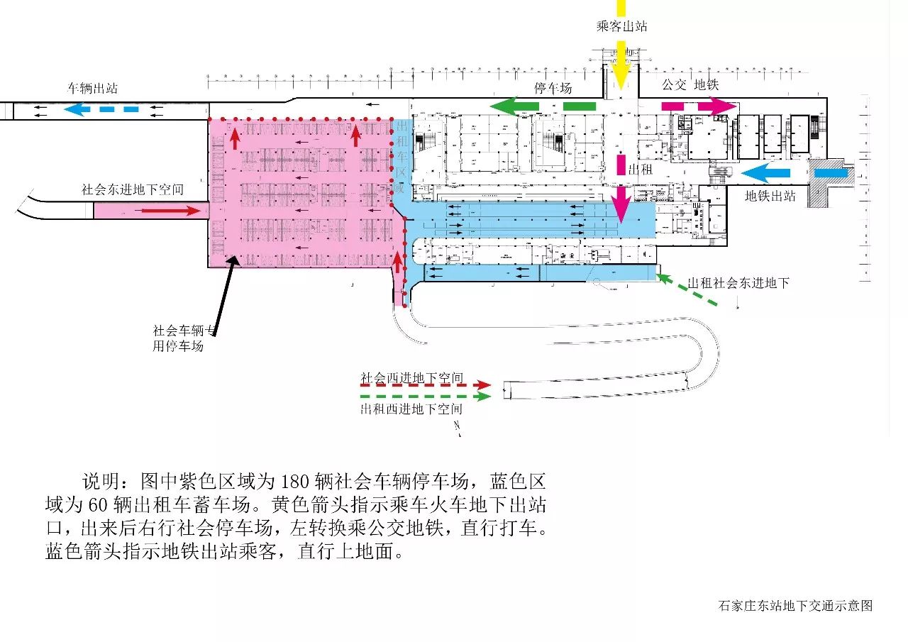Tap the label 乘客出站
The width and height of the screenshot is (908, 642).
621,27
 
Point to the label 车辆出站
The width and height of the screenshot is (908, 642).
92,89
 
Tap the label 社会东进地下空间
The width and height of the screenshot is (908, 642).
133,190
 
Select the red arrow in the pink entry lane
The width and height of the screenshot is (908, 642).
170,210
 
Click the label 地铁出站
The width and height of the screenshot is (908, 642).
770,197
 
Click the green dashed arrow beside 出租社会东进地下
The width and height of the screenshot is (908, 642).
687,291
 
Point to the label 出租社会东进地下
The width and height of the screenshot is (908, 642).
738,283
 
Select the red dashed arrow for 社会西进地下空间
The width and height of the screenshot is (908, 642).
426,387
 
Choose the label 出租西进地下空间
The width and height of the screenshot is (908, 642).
411,409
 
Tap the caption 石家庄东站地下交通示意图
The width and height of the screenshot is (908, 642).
794,605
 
